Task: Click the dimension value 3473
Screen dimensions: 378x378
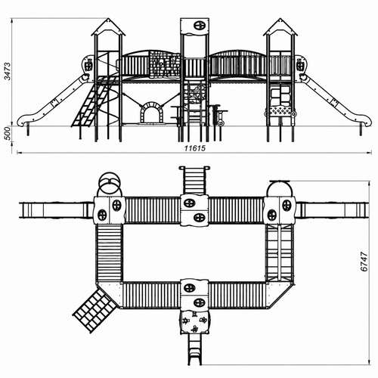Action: click(8, 71)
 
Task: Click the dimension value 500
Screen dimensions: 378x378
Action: click(8, 134)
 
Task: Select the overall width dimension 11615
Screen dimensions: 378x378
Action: click(194, 148)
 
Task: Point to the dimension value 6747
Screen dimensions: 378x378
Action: click(364, 262)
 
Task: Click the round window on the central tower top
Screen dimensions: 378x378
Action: click(199, 25)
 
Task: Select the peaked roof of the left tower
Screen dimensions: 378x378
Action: click(108, 27)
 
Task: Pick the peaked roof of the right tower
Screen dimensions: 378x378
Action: click(280, 27)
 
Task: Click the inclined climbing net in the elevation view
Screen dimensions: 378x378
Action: click(94, 101)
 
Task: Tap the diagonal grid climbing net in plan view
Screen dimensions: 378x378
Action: click(95, 310)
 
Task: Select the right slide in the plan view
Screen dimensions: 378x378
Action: click(332, 210)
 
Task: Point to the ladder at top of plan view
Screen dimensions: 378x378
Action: click(194, 181)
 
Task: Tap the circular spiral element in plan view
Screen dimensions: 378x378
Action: click(110, 184)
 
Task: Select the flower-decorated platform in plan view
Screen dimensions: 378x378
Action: click(194, 322)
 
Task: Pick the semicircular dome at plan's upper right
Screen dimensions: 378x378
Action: click(280, 188)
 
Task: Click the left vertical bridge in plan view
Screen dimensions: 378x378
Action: click(109, 253)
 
